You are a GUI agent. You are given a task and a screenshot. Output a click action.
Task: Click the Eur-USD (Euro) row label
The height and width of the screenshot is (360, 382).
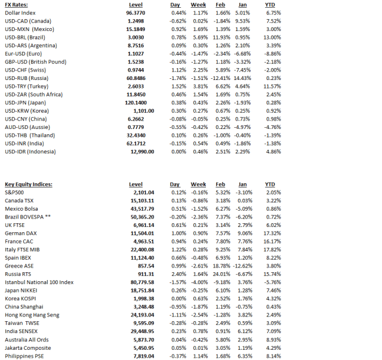click(x=23, y=53)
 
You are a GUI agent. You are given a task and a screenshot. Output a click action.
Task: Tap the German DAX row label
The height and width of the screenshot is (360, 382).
click(x=21, y=233)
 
